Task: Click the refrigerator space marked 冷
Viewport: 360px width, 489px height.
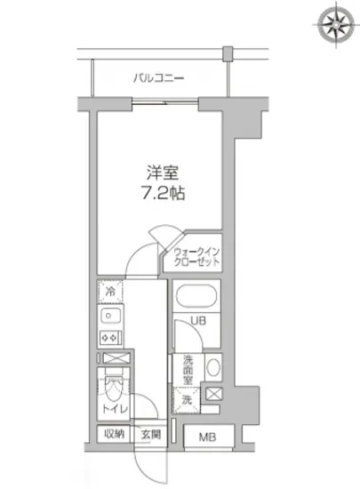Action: tap(110, 292)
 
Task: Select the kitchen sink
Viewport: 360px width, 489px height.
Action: tap(110, 316)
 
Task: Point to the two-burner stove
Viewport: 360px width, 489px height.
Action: tap(111, 338)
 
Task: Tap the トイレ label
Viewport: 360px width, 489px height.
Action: tap(114, 409)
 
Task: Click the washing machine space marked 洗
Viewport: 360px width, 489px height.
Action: tap(187, 400)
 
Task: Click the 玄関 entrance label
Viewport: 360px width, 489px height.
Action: tap(149, 436)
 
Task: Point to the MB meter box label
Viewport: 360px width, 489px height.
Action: tap(206, 437)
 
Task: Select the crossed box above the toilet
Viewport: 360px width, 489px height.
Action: tap(114, 358)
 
